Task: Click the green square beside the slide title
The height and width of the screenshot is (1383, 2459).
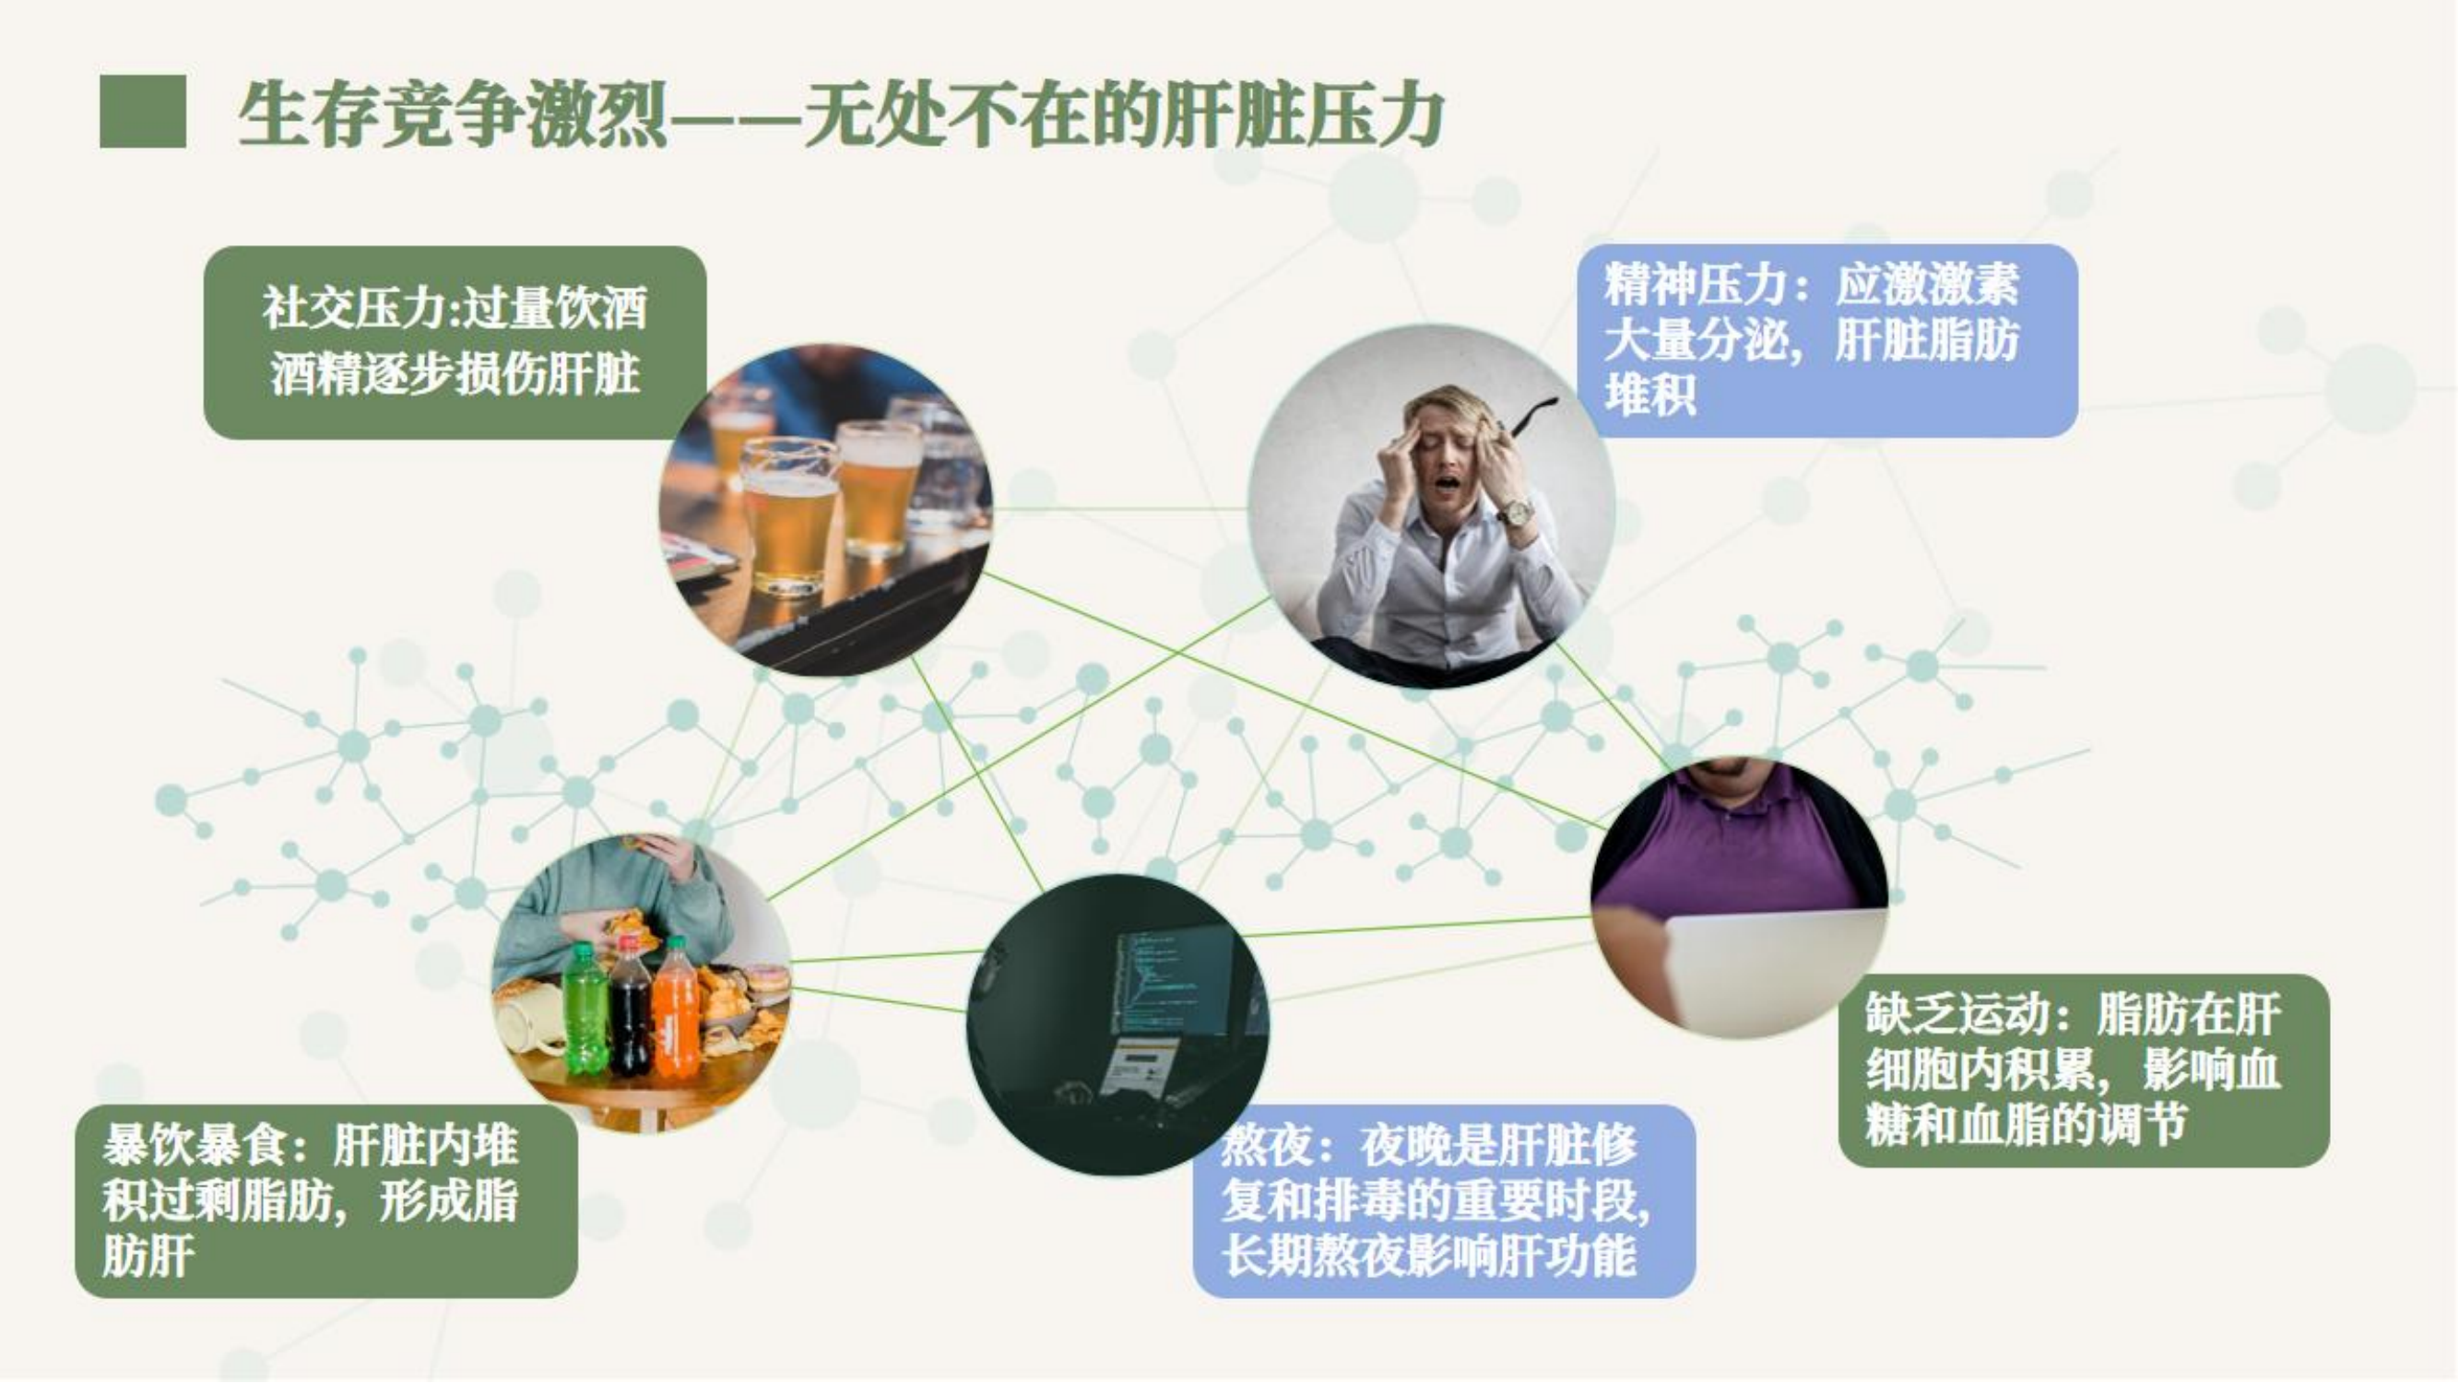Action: point(143,112)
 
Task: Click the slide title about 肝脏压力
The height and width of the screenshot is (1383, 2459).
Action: point(841,114)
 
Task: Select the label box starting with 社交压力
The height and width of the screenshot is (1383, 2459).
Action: point(455,342)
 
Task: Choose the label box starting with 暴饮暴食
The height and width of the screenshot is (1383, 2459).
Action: point(326,1200)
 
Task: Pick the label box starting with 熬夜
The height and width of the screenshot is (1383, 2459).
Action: point(1444,1200)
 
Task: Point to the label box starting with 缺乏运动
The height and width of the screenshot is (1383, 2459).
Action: point(2084,1070)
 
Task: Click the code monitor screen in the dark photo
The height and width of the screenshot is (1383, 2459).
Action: point(1171,982)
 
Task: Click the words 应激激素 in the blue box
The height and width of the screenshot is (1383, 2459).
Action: point(1927,284)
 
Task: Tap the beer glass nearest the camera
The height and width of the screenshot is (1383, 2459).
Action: point(788,515)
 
